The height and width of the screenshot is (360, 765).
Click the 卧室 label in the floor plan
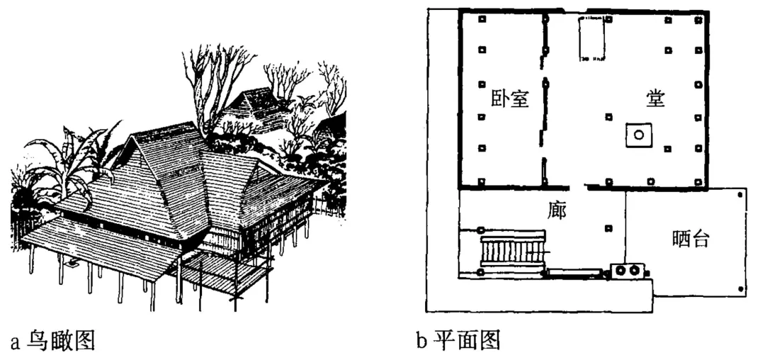tap(510, 99)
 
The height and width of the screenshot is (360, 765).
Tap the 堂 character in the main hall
tap(654, 99)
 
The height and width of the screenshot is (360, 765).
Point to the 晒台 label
tap(690, 240)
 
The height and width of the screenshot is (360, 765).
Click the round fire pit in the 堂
tap(638, 134)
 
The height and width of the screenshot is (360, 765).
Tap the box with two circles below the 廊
tap(627, 271)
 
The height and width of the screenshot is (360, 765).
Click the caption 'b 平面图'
tap(458, 342)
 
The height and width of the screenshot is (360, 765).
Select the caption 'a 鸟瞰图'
tap(52, 342)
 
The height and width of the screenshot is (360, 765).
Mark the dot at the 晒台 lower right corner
tap(741, 288)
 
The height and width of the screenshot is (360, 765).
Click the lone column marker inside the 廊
tap(608, 228)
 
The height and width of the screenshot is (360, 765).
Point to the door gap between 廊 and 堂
tap(579, 187)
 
